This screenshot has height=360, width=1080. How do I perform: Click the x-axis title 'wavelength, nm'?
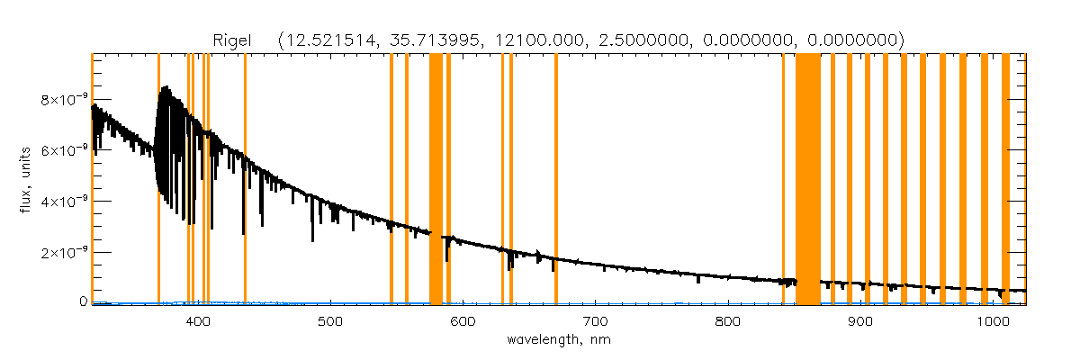558,341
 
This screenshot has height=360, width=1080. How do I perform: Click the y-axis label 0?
84,302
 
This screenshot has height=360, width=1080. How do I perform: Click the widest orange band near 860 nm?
808,180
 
